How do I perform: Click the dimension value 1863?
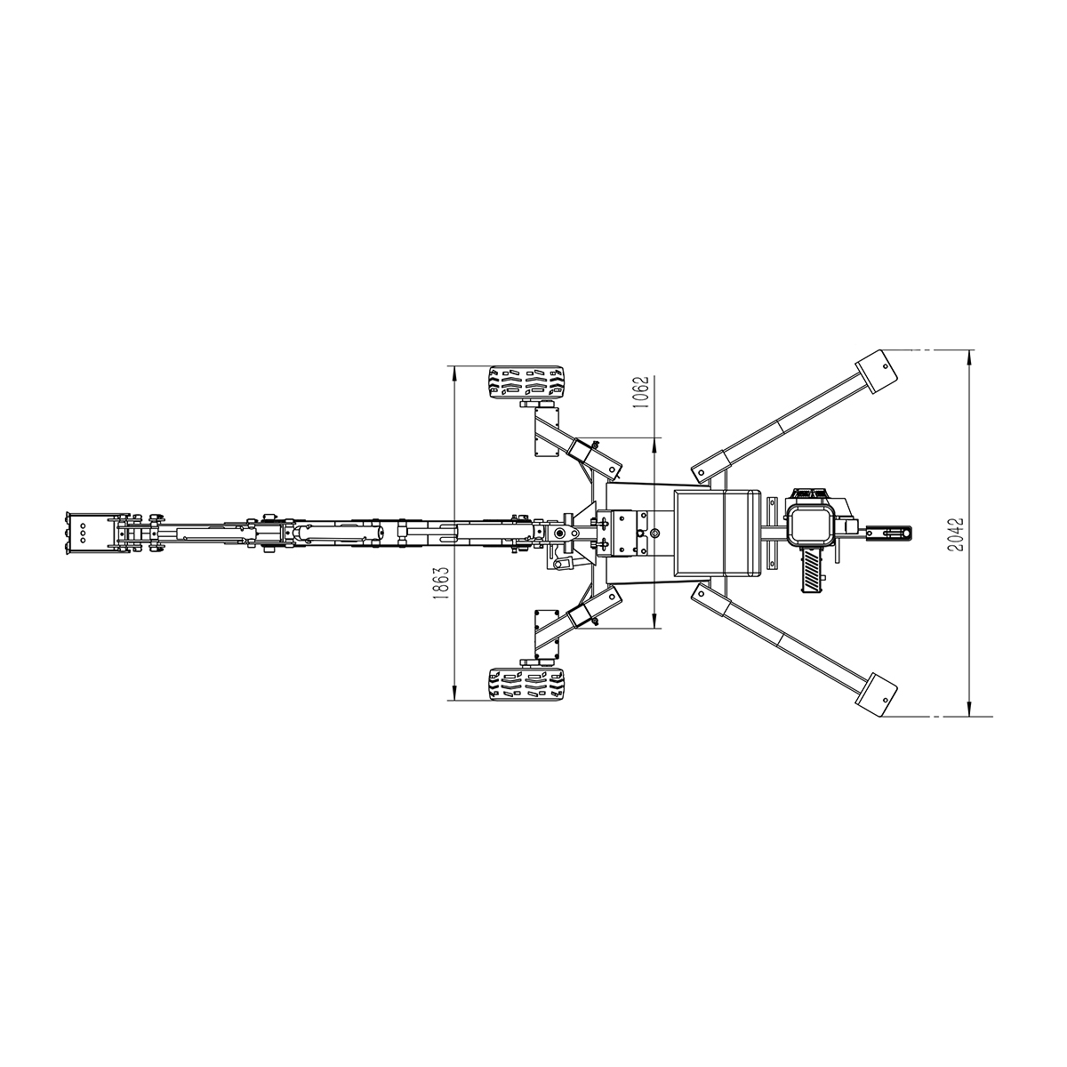pos(441,583)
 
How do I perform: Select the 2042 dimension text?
pos(956,534)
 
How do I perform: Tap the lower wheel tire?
pos(526,685)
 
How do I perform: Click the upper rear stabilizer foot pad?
pos(877,371)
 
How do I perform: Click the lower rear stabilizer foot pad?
pos(877,695)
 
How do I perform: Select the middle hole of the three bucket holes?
pos(83,533)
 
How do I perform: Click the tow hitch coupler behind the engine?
pos(888,533)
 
